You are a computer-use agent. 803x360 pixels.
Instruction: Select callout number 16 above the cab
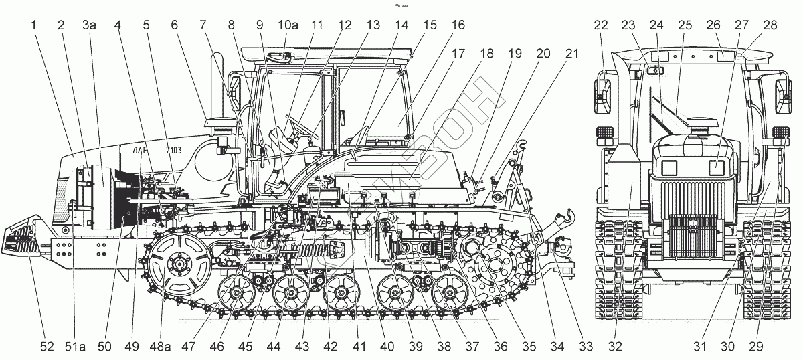coord(457,26)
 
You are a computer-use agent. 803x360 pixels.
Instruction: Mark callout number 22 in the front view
coord(601,26)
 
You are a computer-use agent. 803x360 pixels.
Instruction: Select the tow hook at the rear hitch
coord(567,215)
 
